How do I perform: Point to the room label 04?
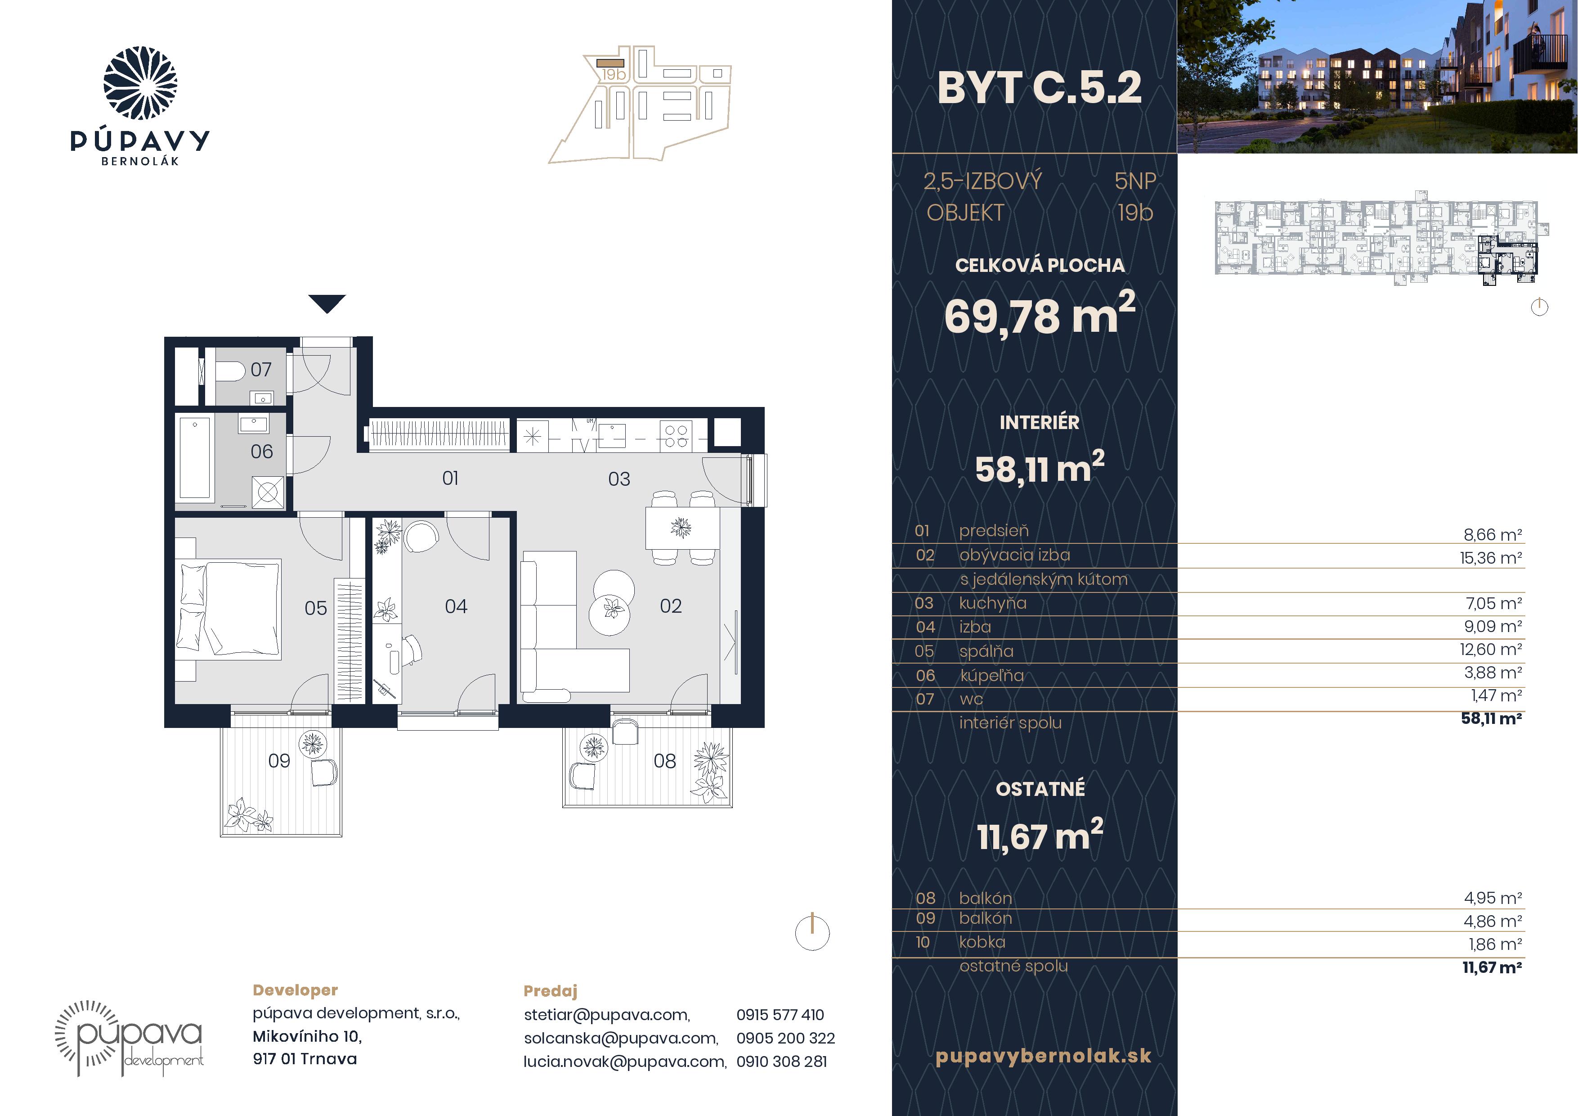coord(456,606)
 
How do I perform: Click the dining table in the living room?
coord(682,528)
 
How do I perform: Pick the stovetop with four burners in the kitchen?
coord(676,436)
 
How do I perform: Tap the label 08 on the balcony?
coord(664,761)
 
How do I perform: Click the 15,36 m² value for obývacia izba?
coord(1491,558)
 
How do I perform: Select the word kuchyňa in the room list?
coord(992,603)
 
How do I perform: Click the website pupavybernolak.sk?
coord(1043,1056)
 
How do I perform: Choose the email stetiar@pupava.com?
coord(607,1015)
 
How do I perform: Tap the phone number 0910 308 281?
coord(781,1062)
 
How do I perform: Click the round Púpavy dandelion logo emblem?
coord(140,83)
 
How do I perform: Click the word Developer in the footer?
coord(296,991)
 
